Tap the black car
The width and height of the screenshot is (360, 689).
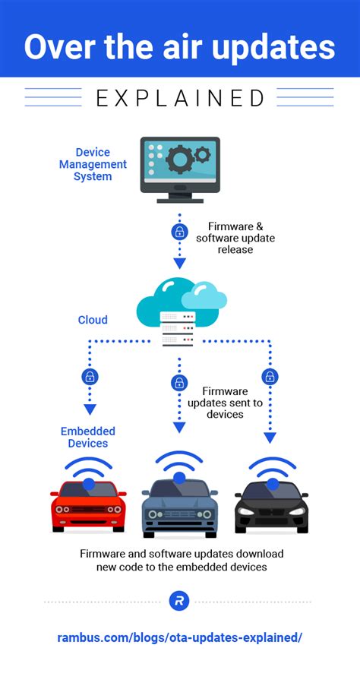[x=271, y=504]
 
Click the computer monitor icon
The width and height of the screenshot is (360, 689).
[x=180, y=169]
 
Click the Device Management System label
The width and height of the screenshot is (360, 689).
[x=93, y=165]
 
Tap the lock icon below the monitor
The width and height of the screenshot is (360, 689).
[x=180, y=232]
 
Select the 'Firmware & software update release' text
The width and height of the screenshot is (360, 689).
[x=235, y=237]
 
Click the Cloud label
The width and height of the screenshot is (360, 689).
[x=93, y=320]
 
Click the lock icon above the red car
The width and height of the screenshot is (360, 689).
[x=89, y=376]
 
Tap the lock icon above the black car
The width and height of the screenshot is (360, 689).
[x=270, y=376]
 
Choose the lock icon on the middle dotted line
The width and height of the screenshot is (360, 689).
[x=179, y=382]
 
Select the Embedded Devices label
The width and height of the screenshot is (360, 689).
[x=88, y=437]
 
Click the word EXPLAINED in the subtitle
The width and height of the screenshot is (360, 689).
[x=180, y=98]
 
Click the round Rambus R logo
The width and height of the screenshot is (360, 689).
[x=179, y=601]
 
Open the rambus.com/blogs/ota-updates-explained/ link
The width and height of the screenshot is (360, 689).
[x=180, y=637]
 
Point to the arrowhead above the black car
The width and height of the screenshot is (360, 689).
[x=270, y=438]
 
